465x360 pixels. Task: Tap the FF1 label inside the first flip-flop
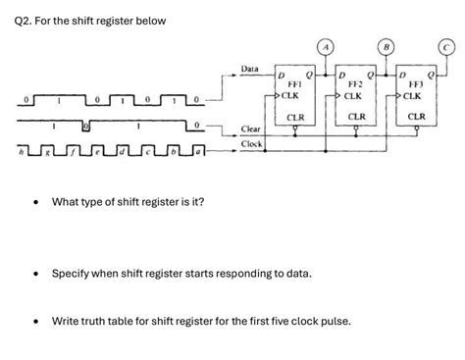(293, 85)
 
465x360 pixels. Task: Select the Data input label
(250, 69)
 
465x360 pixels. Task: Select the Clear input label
(251, 129)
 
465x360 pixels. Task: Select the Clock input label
(252, 144)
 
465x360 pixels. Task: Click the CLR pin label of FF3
(416, 117)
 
